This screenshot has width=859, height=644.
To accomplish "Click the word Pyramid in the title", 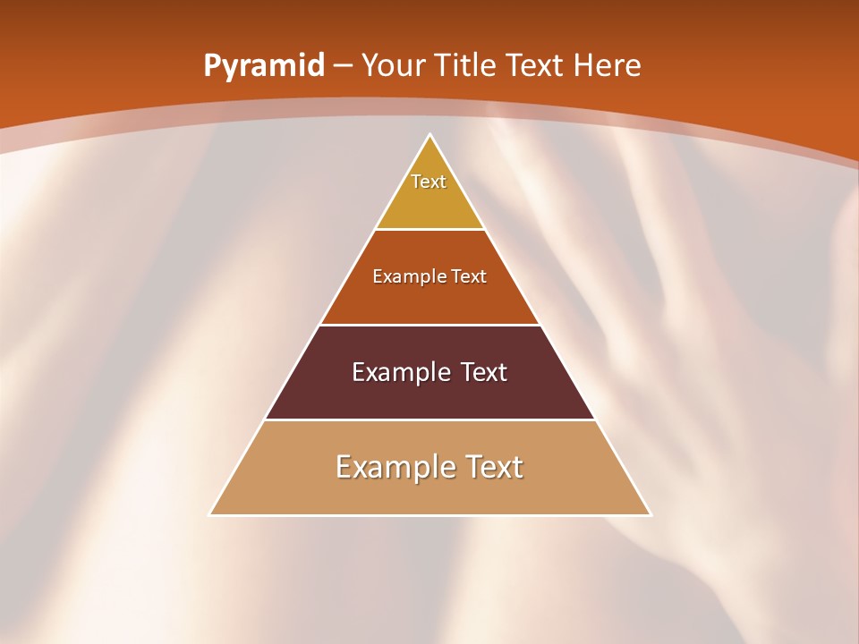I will coord(264,66).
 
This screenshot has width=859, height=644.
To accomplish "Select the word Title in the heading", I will coord(465,65).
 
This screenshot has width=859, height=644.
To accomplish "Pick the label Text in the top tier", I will coord(429,182).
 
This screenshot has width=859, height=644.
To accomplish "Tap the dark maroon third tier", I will coord(429,399).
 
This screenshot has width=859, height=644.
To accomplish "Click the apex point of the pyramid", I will coord(430,135).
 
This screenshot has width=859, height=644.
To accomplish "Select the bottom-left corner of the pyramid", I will coord(210,514).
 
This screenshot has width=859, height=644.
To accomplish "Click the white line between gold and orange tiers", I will coord(429,229).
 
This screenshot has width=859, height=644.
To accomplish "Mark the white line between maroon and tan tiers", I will coord(429,419).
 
